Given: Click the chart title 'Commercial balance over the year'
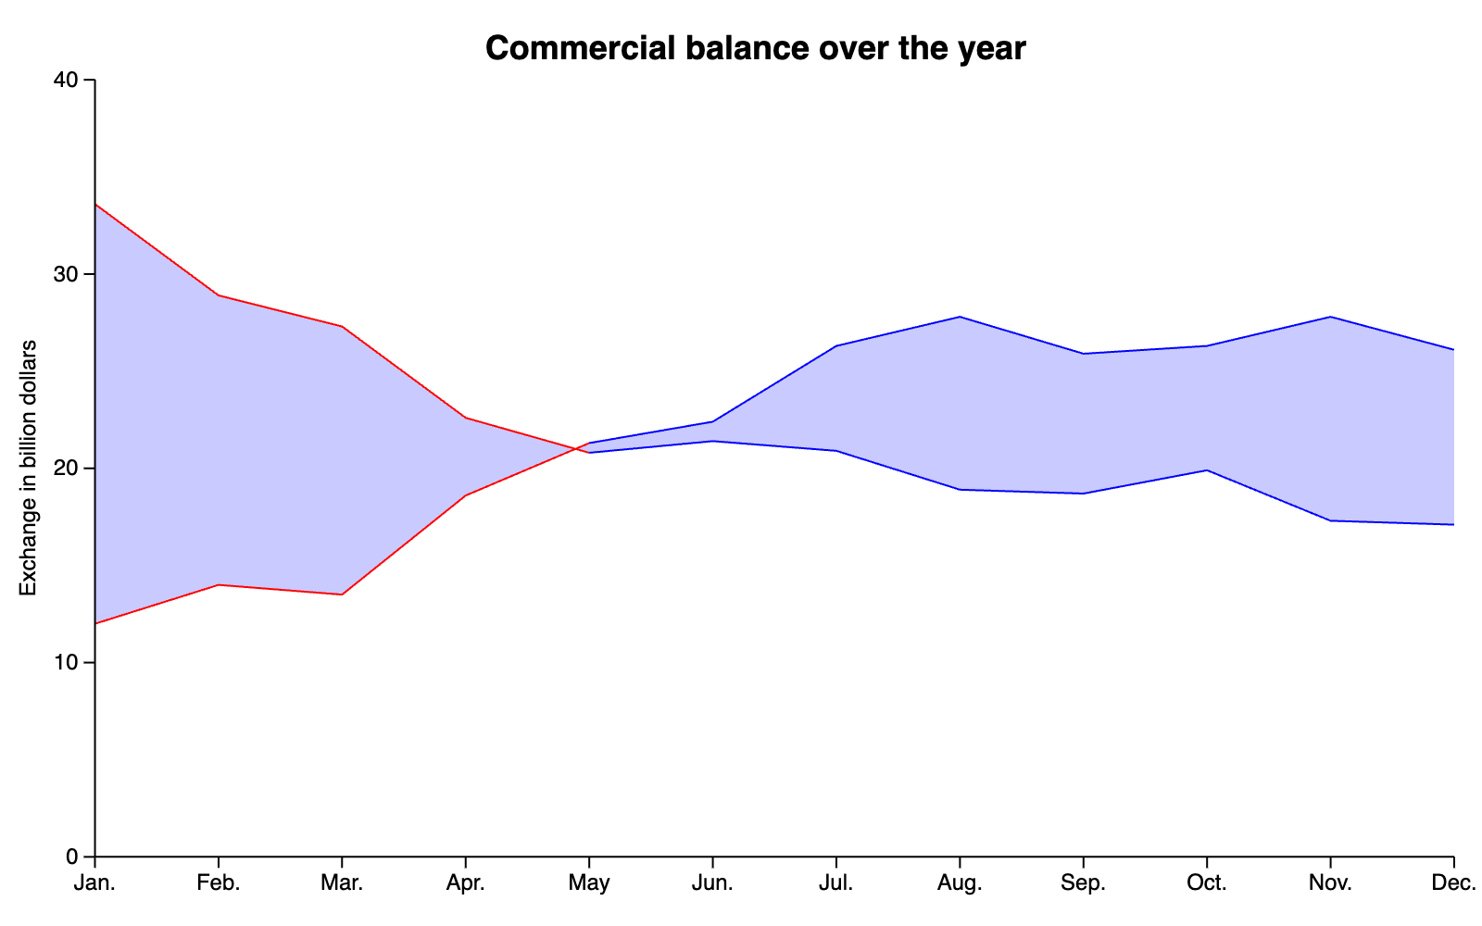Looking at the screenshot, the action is (756, 48).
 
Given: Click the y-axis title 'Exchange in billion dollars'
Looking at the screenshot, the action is (28, 469).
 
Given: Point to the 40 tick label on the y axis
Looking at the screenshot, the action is (66, 80).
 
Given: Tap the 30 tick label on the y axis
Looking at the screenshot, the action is (66, 274).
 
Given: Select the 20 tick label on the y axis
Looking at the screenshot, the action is (66, 469).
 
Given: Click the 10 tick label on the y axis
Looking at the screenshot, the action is (66, 662).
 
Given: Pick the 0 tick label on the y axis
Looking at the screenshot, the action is (72, 857).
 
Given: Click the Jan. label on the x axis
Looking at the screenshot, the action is (94, 883).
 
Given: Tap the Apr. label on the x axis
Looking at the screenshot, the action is (466, 883).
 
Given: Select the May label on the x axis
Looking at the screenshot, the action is (589, 883).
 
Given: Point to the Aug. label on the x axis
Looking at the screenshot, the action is (960, 883).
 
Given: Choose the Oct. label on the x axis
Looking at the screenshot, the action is (1207, 883).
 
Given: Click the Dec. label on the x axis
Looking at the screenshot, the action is (1453, 883).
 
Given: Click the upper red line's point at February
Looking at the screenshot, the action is (219, 295).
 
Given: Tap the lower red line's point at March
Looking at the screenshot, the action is (342, 594).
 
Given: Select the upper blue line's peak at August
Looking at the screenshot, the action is (960, 317).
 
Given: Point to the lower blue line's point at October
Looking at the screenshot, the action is (1207, 470).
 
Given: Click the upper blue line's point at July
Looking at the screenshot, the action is (836, 346).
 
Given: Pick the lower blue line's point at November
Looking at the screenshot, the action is (1330, 520).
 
